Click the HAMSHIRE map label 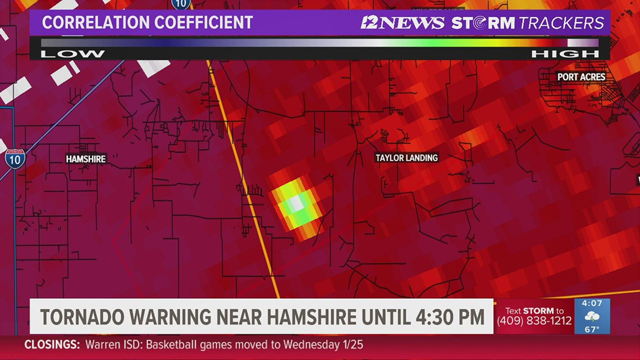(x=86, y=159)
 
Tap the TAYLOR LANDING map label (x=406, y=158)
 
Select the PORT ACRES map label (x=581, y=76)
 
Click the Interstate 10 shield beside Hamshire (x=15, y=157)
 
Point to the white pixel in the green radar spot (x=295, y=203)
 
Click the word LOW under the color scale (x=72, y=54)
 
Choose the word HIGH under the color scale (x=565, y=54)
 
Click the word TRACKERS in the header (x=561, y=23)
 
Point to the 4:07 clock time (x=592, y=303)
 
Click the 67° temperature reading (x=592, y=329)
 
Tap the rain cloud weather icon (x=592, y=316)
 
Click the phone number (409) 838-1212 (x=534, y=321)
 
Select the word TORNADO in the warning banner (x=81, y=317)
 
